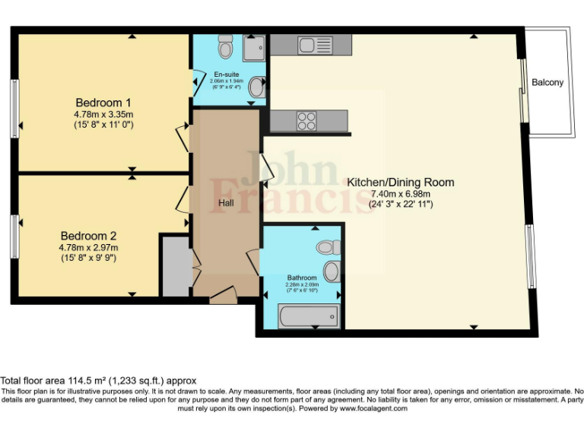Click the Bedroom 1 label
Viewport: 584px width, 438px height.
pos(103,103)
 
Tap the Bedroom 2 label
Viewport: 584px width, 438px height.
pos(88,236)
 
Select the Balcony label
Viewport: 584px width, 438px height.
pos(547,82)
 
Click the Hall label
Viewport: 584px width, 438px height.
pos(226,203)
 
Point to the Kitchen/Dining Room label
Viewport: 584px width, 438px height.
pos(400,182)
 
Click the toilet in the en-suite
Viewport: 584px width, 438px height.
pos(225,47)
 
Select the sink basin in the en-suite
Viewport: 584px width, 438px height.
pos(257,89)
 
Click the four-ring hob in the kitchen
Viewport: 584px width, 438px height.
pos(307,121)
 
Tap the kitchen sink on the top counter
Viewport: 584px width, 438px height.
pos(315,45)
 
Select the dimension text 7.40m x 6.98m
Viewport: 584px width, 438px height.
pos(400,194)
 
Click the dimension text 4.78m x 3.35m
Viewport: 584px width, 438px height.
pos(103,114)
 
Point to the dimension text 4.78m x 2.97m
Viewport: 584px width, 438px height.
pos(88,247)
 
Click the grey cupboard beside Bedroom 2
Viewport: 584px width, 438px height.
pos(174,266)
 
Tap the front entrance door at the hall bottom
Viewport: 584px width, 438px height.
pos(224,295)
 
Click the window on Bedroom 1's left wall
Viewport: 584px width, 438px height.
pos(14,108)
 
